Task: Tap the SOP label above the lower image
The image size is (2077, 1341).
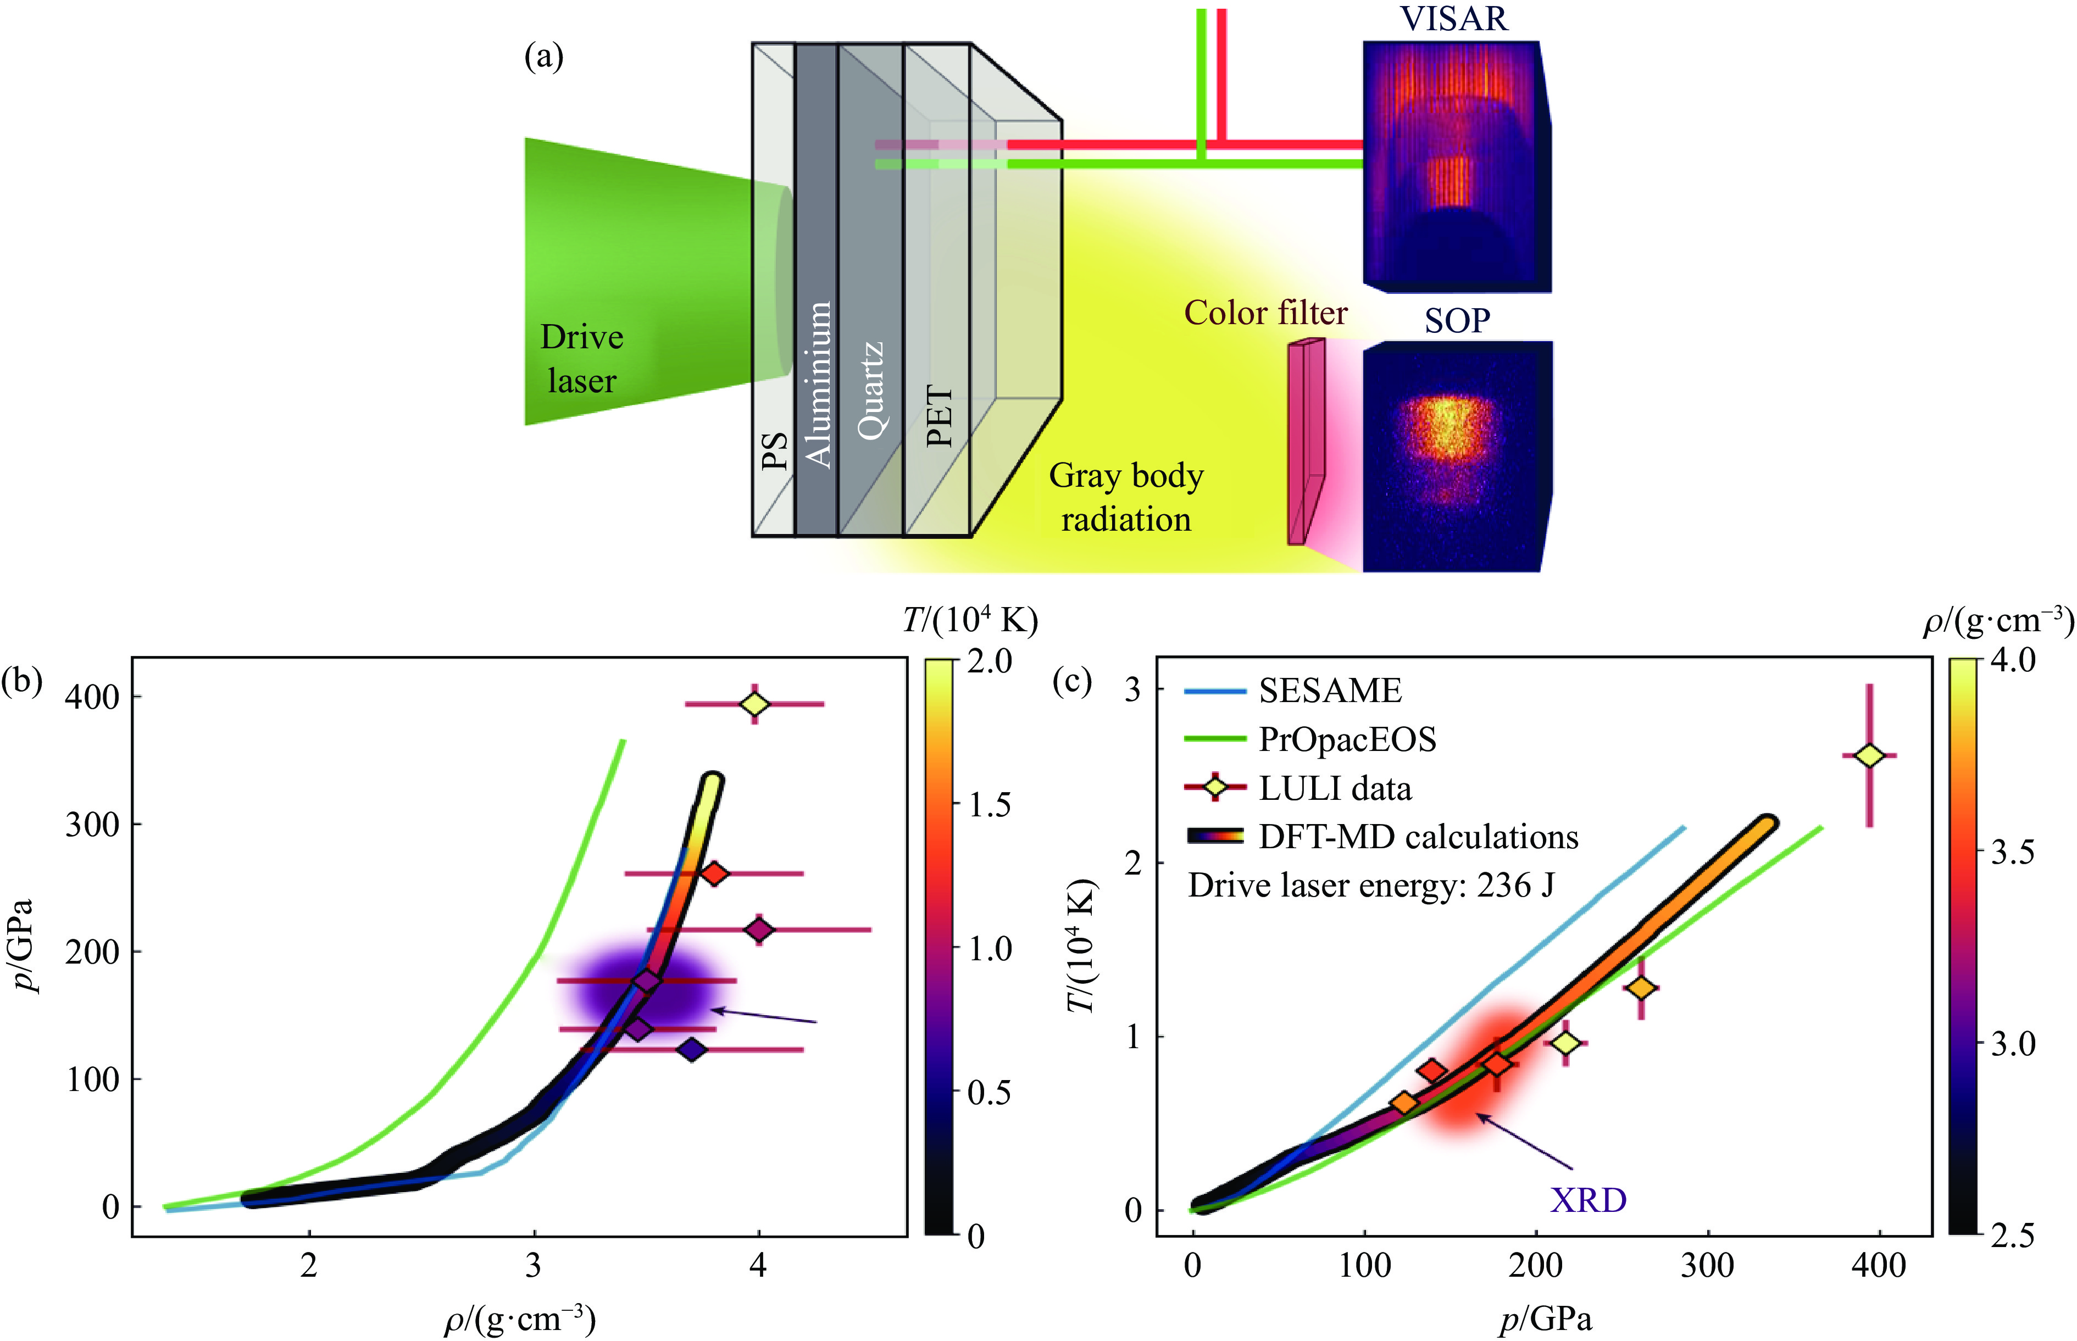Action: pos(1457,320)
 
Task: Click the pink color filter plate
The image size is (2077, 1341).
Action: pos(1306,442)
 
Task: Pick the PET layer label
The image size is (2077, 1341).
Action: pos(939,416)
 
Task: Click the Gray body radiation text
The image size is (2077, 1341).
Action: pos(1125,497)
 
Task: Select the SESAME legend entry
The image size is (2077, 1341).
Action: pos(1330,691)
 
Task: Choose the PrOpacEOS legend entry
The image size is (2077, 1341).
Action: pos(1347,739)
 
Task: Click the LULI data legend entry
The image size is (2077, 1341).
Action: pos(1334,788)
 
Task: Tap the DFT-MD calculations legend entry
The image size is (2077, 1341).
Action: pos(1418,837)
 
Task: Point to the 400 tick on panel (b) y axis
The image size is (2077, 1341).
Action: pos(92,698)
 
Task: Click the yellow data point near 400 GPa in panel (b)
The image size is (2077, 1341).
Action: pos(755,704)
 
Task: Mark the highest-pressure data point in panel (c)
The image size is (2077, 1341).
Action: pos(1869,756)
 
